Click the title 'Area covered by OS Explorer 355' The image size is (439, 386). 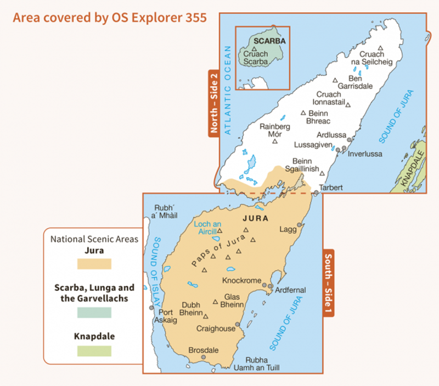pyautogui.click(x=109, y=18)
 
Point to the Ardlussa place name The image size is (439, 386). pyautogui.click(x=331, y=135)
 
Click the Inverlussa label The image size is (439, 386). pyautogui.click(x=365, y=154)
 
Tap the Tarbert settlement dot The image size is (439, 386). pyautogui.click(x=316, y=193)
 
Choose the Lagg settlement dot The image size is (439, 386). pyautogui.click(x=300, y=225)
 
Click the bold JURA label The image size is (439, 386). pyautogui.click(x=255, y=218)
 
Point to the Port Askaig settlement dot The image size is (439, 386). pyautogui.click(x=151, y=308)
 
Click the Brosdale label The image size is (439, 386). pyautogui.click(x=204, y=350)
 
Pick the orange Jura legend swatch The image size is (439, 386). pyautogui.click(x=94, y=264)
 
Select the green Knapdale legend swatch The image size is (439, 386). pyautogui.click(x=94, y=350)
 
